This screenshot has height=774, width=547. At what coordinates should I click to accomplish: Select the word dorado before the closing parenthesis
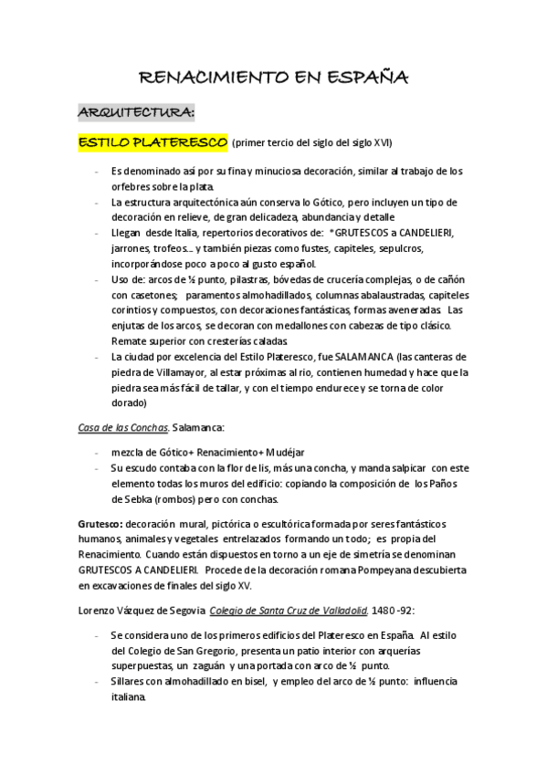click(x=129, y=402)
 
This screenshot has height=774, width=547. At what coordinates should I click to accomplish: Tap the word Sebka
click(x=140, y=499)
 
